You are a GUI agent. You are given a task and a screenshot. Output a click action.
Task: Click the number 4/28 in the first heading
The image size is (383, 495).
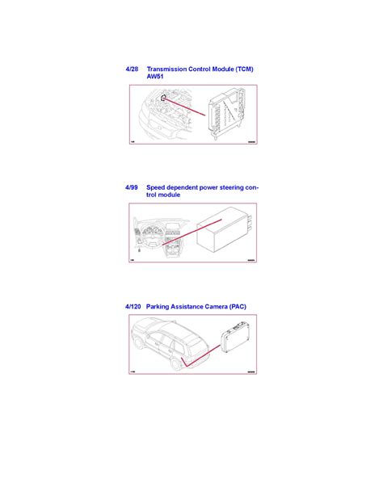(x=133, y=69)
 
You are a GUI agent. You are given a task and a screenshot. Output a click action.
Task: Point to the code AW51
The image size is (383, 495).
(x=157, y=78)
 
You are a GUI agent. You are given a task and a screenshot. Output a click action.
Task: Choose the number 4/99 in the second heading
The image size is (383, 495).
(x=133, y=187)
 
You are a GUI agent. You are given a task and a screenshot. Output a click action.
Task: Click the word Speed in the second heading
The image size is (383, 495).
(x=158, y=187)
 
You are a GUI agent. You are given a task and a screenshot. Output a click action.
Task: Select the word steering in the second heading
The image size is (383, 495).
(x=227, y=187)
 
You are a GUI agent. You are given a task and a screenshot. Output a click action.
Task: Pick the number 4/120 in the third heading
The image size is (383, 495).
(x=134, y=307)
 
